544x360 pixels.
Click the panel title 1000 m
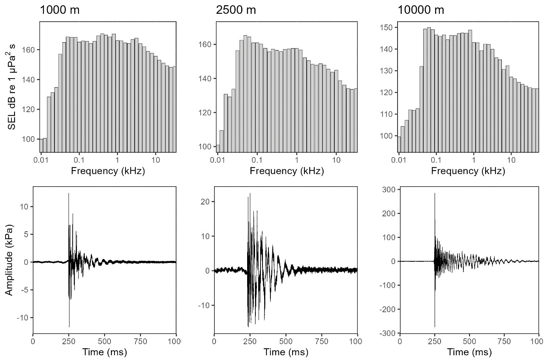tap(60, 10)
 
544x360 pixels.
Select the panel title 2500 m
tap(236, 10)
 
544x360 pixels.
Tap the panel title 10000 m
tap(421, 10)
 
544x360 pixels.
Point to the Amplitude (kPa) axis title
tap(9, 261)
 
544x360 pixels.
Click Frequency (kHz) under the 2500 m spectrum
tap(287, 171)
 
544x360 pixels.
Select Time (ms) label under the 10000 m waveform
tap(469, 352)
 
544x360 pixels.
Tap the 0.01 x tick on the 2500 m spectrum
tap(218, 160)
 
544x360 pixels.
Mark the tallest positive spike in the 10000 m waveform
tap(435, 194)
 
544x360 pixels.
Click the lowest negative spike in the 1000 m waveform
tap(69, 326)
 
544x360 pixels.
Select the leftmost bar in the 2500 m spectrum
tap(218, 148)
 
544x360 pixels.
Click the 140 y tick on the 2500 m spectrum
tap(206, 79)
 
